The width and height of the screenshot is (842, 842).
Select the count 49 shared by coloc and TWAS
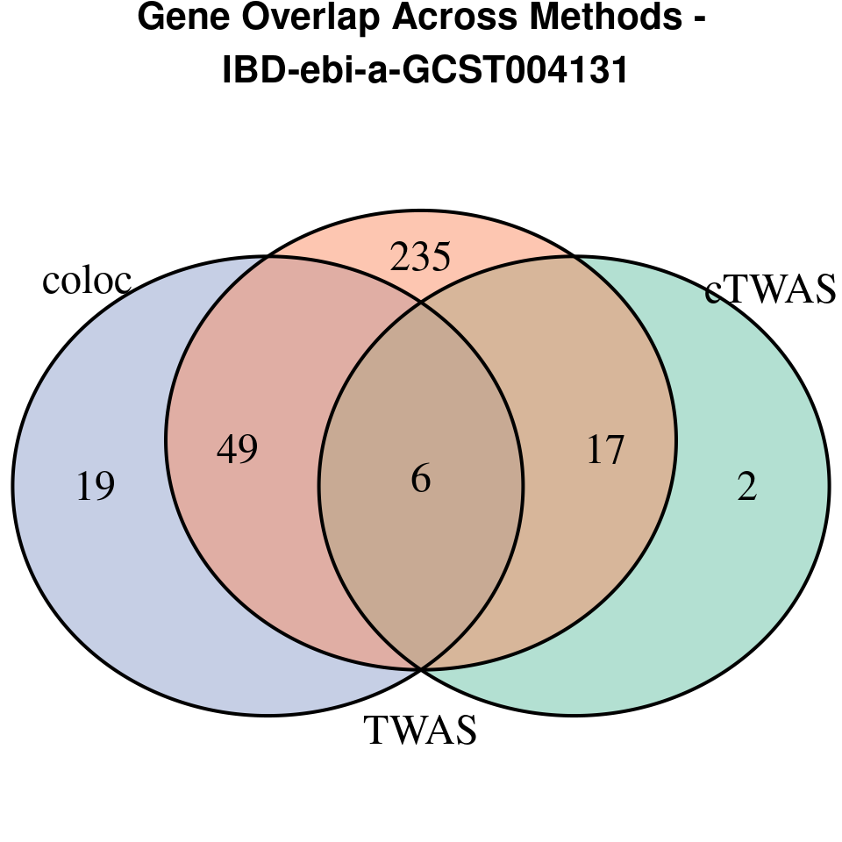(237, 450)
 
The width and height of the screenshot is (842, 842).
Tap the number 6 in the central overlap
(421, 480)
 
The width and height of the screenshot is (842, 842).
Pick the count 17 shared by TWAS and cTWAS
(605, 450)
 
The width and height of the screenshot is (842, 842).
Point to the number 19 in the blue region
(96, 487)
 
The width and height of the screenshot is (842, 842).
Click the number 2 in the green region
(746, 487)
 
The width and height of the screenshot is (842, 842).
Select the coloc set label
(87, 281)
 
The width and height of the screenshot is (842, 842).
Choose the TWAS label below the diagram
(421, 731)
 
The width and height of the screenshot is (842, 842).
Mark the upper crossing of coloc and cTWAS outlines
(421, 303)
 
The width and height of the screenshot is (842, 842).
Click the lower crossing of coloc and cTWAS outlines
(421, 669)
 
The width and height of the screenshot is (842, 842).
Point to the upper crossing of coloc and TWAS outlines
(267, 257)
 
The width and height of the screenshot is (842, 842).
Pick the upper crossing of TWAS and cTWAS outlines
(575, 257)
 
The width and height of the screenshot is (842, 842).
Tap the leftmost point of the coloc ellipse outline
(12, 486)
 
